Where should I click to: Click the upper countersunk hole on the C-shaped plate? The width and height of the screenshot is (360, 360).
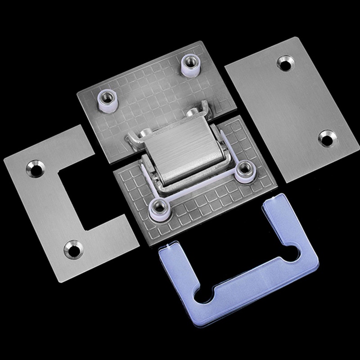[x=33, y=168]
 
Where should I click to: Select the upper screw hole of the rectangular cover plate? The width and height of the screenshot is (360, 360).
[x=284, y=63]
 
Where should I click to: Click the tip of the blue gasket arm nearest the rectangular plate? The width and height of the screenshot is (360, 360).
[x=274, y=204]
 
